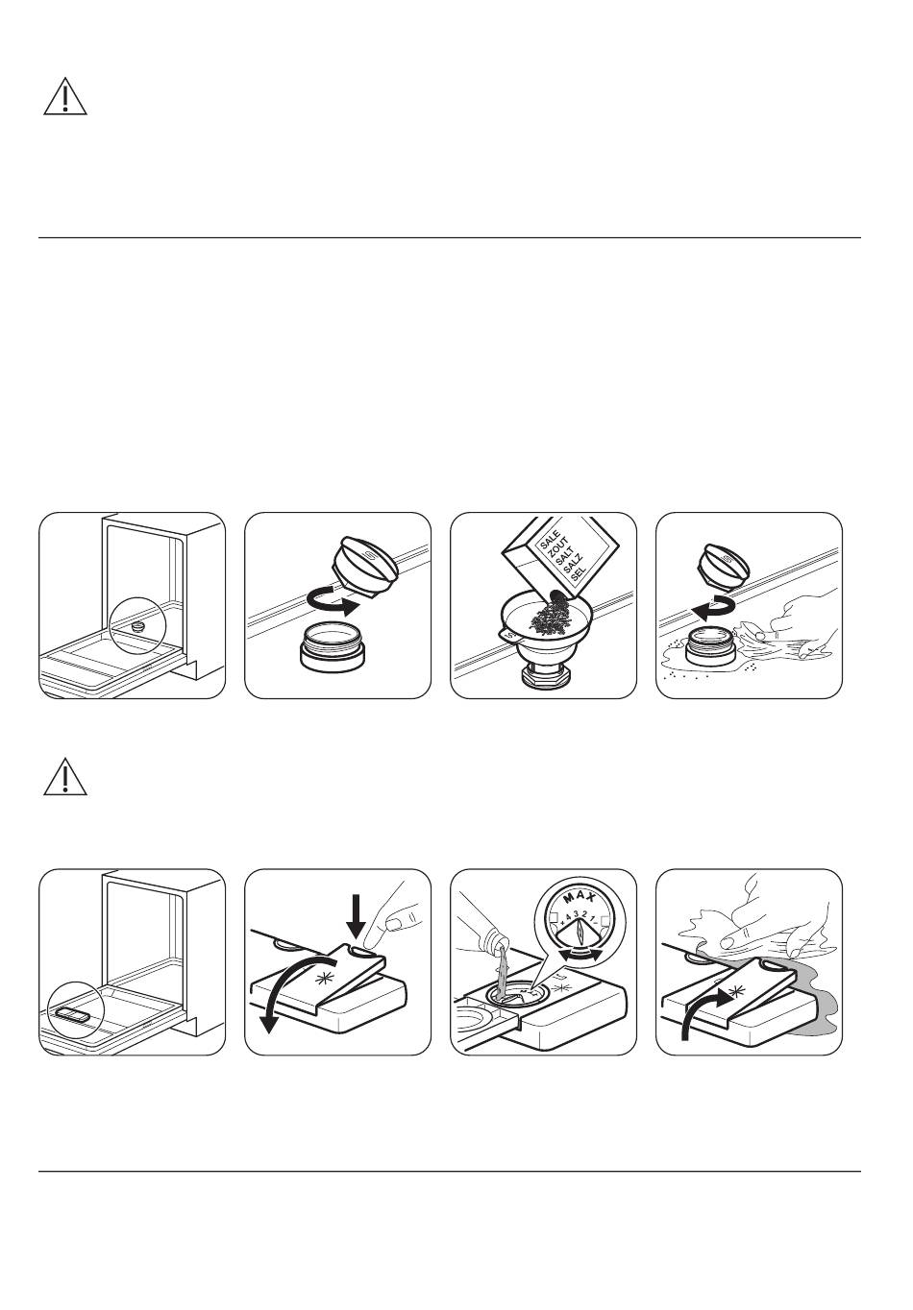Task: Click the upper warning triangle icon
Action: click(x=65, y=96)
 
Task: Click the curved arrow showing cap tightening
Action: click(x=715, y=609)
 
